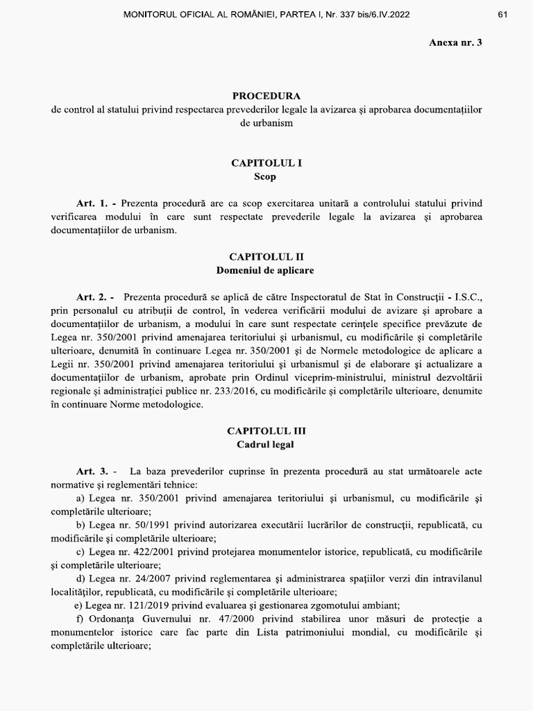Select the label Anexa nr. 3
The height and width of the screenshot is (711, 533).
455,42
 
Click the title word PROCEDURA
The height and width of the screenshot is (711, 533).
266,97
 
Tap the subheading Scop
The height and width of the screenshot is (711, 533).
265,177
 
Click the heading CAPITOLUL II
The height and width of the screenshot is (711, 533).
266,256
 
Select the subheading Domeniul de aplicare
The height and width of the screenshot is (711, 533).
266,269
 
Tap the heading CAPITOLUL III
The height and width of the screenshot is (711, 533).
266,430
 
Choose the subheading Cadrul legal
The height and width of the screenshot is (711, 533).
266,444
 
